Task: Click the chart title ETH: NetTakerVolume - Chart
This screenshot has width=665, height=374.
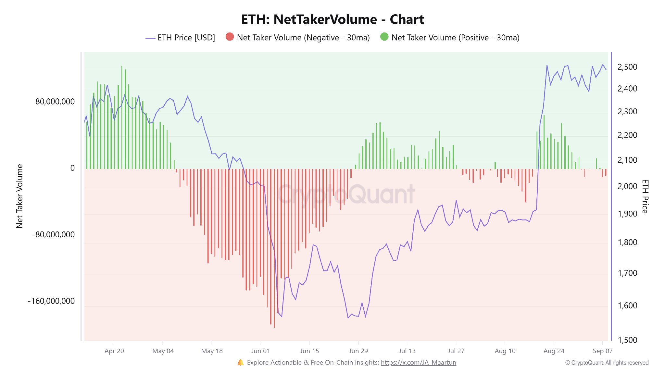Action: (332, 19)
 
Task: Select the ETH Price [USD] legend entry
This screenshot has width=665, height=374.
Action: (180, 38)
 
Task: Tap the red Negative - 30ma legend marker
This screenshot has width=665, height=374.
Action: (230, 37)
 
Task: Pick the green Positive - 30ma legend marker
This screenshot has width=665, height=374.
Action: (384, 37)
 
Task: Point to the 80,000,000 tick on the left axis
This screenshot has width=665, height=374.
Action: (55, 102)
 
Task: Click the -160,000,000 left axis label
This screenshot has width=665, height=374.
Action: (51, 301)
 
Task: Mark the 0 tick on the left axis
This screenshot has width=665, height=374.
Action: (72, 168)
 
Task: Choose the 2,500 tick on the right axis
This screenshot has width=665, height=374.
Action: (627, 67)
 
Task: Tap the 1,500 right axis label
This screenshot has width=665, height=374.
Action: (627, 340)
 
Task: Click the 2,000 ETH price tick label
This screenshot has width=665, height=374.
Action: (627, 186)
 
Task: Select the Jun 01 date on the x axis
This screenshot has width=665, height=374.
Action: (260, 351)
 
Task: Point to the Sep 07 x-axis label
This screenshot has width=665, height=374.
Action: (602, 351)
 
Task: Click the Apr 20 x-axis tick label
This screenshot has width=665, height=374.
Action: (114, 351)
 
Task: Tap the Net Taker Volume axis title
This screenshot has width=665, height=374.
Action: (19, 196)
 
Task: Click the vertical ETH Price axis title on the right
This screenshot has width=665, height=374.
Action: (645, 196)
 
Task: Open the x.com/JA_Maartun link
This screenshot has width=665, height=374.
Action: (419, 363)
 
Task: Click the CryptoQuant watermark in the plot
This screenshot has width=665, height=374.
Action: (346, 194)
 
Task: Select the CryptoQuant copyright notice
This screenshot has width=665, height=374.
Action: (607, 363)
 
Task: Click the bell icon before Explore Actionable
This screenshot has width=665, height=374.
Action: (241, 363)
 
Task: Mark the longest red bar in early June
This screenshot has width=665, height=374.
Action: (274, 248)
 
